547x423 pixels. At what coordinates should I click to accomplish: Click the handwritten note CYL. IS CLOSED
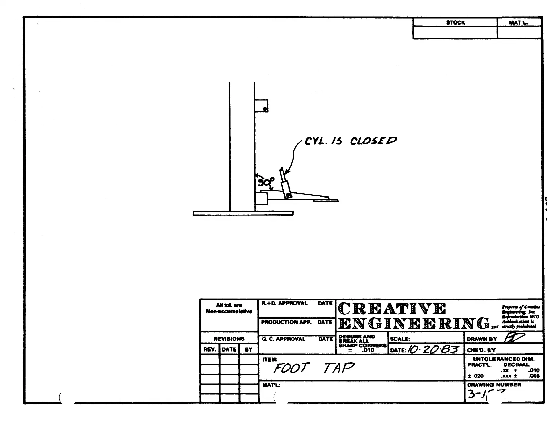[x=351, y=141]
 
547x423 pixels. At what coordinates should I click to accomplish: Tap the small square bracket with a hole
[x=261, y=106]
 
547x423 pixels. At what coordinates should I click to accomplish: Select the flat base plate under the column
[x=243, y=213]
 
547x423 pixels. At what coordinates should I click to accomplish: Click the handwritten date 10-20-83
[x=433, y=349]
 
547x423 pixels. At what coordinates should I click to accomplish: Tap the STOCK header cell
[x=455, y=22]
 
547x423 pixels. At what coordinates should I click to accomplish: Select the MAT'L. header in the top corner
[x=518, y=22]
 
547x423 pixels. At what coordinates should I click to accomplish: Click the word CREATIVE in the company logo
[x=392, y=309]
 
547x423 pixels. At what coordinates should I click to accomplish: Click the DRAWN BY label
[x=481, y=339]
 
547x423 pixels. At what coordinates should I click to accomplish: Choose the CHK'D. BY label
[x=481, y=350]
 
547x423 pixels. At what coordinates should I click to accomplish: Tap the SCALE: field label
[x=400, y=339]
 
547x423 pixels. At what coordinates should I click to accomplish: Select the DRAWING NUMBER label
[x=494, y=385]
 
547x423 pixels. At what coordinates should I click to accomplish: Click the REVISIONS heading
[x=229, y=339]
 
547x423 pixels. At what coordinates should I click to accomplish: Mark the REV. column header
[x=209, y=349]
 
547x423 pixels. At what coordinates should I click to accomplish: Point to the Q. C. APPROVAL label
[x=283, y=339]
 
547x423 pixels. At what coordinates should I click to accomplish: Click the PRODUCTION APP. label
[x=286, y=322]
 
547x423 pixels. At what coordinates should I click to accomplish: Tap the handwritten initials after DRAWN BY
[x=514, y=338]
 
